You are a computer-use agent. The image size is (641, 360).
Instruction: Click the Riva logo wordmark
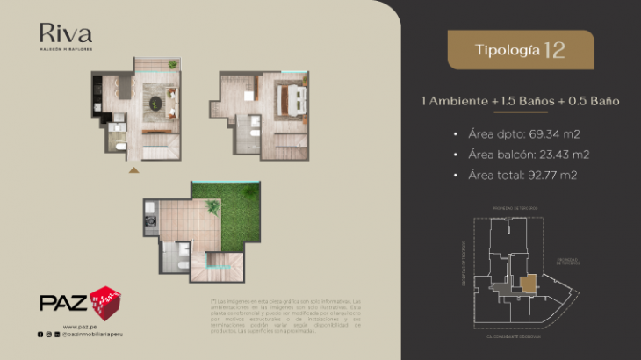(65, 34)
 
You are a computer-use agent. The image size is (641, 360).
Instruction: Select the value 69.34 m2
(554, 133)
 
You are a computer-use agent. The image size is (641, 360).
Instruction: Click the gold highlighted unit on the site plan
(529, 284)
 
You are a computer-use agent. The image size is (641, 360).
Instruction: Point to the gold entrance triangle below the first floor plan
(133, 169)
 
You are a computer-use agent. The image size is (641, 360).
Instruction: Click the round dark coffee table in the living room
(155, 104)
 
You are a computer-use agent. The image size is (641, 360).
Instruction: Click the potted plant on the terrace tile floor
(213, 207)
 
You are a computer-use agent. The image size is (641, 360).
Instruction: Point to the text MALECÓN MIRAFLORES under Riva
(65, 50)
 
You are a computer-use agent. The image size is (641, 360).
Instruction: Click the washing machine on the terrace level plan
(150, 211)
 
